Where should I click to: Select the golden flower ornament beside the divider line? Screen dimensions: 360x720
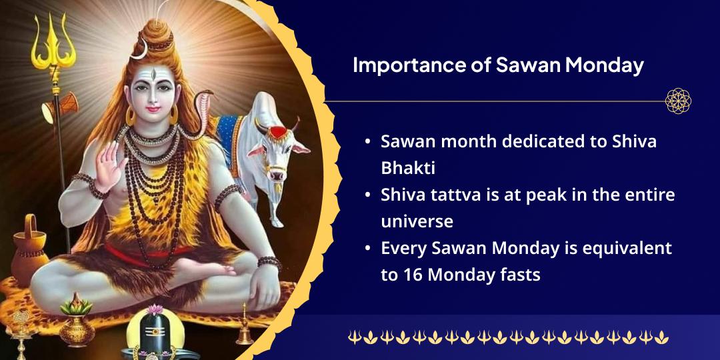coord(678,101)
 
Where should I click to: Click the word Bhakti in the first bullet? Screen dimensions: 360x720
coord(407,168)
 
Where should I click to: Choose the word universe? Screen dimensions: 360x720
coord(417,221)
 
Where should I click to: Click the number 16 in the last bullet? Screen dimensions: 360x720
coord(408,274)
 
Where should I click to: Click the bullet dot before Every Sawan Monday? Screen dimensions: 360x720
coord(368,248)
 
